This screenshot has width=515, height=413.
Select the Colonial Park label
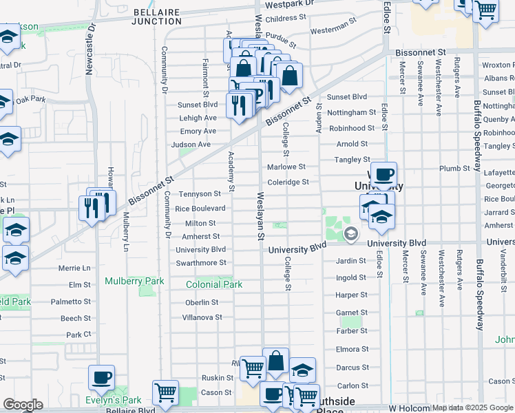tap(214, 284)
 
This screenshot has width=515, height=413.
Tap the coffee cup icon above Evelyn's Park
tap(102, 377)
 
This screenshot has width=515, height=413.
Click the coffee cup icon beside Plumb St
tap(383, 174)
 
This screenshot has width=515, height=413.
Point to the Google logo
tap(23, 405)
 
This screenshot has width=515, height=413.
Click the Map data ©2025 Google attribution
tap(472, 407)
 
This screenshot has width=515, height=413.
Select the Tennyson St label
tap(200, 194)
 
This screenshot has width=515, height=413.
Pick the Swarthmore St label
tap(201, 263)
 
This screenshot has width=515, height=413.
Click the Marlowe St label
tap(286, 167)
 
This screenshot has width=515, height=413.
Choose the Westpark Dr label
tap(290, 3)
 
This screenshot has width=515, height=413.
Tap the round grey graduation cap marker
tap(350, 235)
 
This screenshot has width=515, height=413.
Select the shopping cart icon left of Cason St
tap(165, 392)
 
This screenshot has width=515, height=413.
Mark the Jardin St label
tap(350, 261)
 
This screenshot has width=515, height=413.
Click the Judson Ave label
tap(191, 145)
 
